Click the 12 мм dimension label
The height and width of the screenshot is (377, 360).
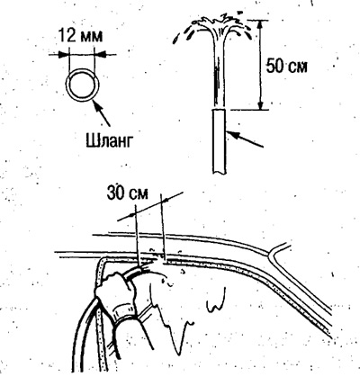(x=80, y=35)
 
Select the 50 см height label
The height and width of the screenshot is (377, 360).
(x=287, y=66)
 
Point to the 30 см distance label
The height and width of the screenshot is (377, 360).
(x=127, y=193)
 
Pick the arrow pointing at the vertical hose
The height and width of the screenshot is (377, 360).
(x=245, y=139)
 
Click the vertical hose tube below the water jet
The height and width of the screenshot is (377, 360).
(x=220, y=141)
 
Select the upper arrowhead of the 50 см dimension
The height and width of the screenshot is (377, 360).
(x=261, y=24)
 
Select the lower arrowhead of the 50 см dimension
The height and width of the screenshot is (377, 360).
(x=261, y=104)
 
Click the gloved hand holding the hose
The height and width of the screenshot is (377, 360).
(x=115, y=293)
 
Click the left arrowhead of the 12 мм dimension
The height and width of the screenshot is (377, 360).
(x=64, y=54)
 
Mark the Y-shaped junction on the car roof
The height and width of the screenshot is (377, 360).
(x=273, y=254)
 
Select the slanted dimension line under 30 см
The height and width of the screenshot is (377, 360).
(x=149, y=206)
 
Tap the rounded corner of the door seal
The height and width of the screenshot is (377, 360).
(x=101, y=262)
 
